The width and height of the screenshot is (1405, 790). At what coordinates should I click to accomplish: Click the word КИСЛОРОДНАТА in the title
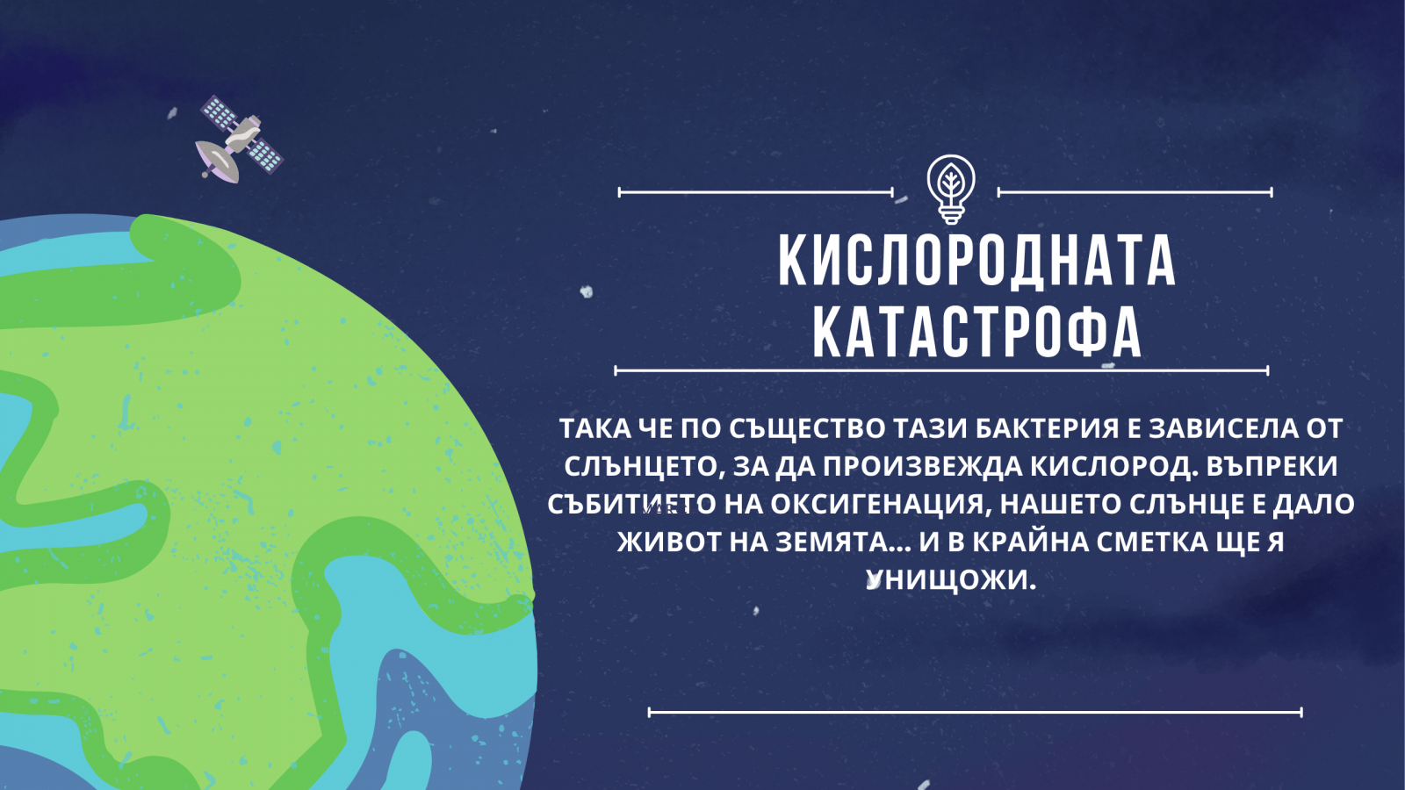click(976, 261)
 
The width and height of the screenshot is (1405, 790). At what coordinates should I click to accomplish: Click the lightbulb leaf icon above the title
click(951, 190)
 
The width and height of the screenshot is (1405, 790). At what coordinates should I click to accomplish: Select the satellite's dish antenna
click(218, 161)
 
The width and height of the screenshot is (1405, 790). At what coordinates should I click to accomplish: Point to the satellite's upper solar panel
click(218, 113)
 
